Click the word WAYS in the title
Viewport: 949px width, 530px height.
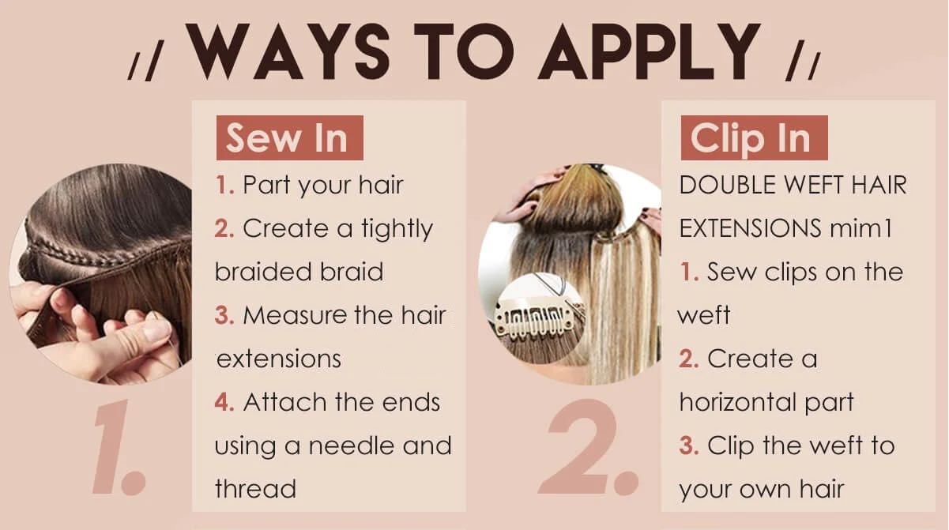(x=288, y=51)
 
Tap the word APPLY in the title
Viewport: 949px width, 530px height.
(x=649, y=51)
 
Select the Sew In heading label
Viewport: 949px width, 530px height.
(x=290, y=137)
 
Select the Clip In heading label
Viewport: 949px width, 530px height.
(x=754, y=137)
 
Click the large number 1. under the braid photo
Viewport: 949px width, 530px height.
(x=119, y=447)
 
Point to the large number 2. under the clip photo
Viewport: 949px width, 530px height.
(x=588, y=447)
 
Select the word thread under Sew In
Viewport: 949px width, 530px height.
(x=255, y=488)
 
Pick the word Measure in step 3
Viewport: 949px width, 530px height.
(x=296, y=316)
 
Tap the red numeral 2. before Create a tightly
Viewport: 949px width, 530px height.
(x=224, y=229)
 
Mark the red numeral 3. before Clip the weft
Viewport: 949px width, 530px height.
(x=689, y=445)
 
